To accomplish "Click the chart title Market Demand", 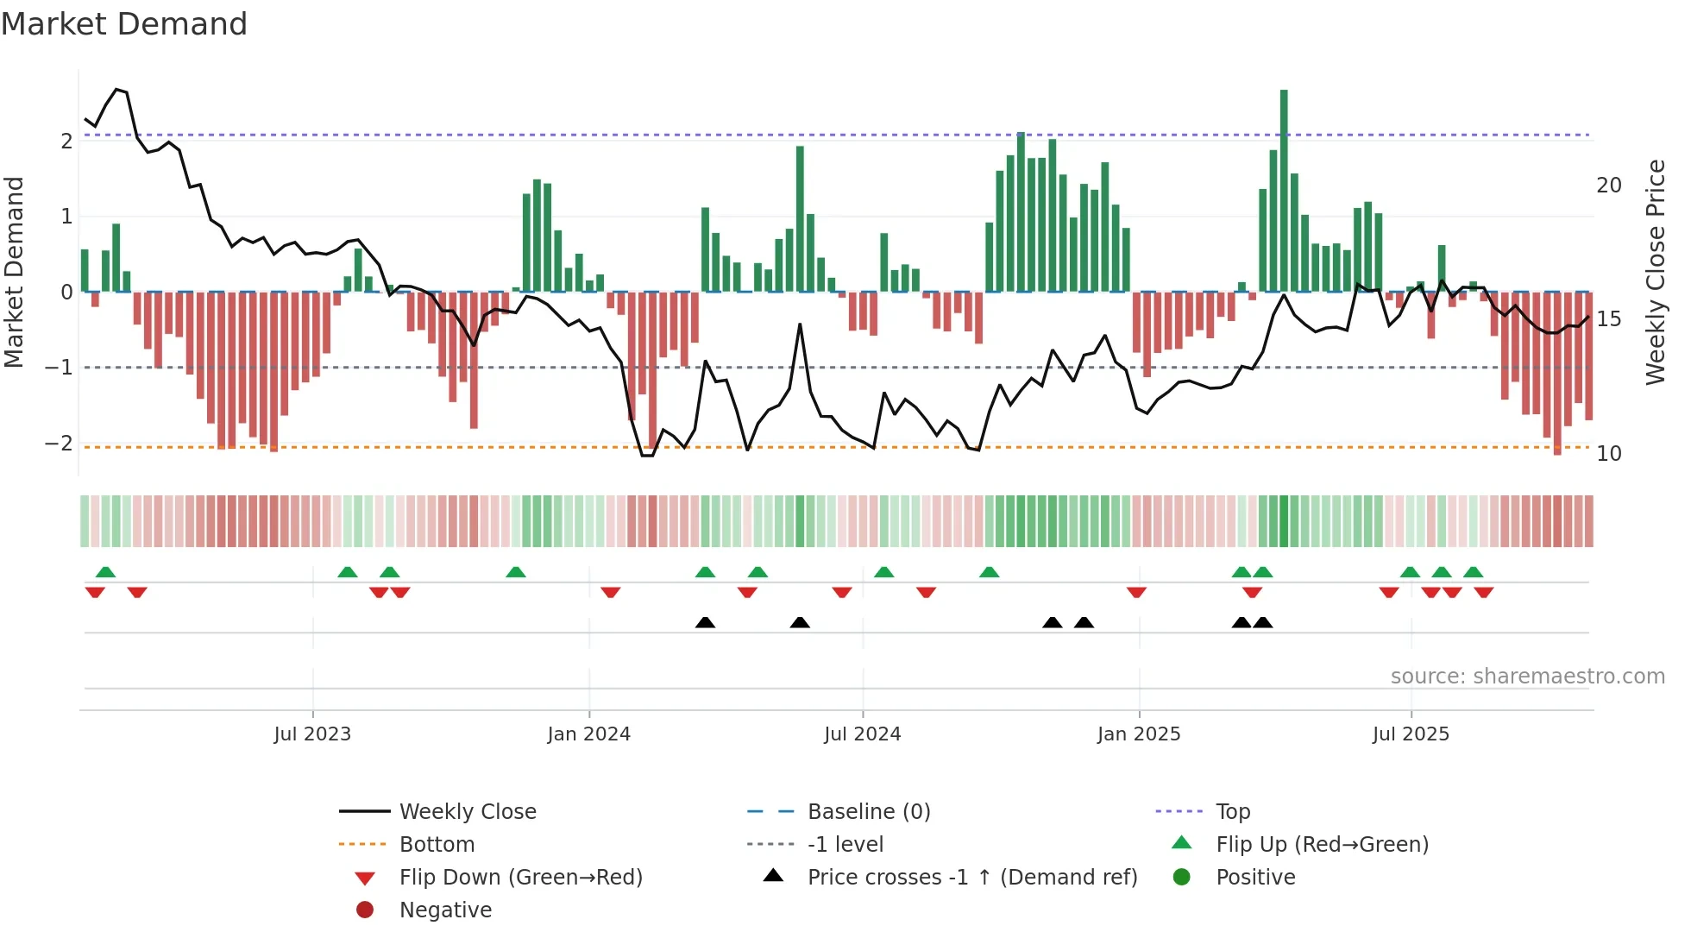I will [x=124, y=24].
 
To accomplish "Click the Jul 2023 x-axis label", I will [x=312, y=734].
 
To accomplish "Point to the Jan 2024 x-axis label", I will [x=588, y=734].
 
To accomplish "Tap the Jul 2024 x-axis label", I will [x=862, y=734].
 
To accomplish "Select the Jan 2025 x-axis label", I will [x=1139, y=734].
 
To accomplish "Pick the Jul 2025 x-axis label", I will [x=1411, y=734].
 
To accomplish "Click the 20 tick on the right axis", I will [x=1608, y=186].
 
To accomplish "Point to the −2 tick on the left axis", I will [x=59, y=444].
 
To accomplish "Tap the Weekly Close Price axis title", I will [x=1655, y=272].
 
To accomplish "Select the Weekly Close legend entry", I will [x=467, y=812].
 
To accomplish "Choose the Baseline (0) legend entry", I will [x=868, y=812].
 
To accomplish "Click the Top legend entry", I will [x=1232, y=812].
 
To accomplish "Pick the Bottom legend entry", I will [x=437, y=845].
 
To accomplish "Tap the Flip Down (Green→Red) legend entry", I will [x=520, y=878].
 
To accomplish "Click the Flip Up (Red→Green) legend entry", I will [x=1322, y=845].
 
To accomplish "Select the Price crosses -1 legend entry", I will [x=971, y=878].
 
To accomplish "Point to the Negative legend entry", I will [x=445, y=910].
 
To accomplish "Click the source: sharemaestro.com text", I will [x=1527, y=677].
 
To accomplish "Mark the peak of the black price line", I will [x=116, y=89].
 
